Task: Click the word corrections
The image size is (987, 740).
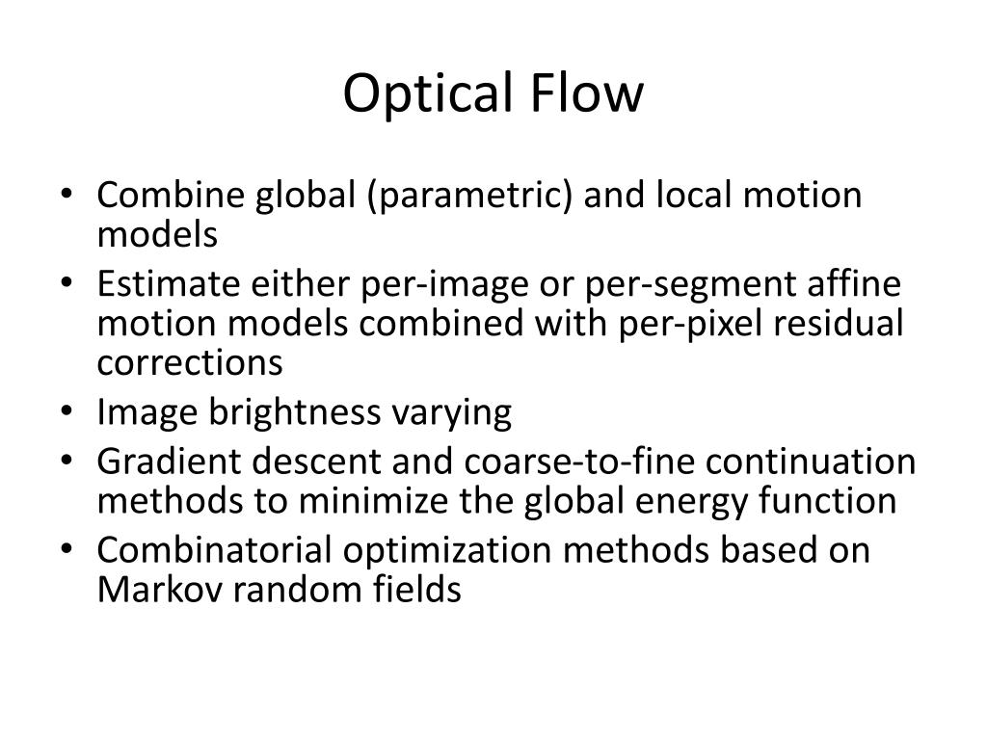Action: tap(190, 362)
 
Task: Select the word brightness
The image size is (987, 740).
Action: tap(284, 412)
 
